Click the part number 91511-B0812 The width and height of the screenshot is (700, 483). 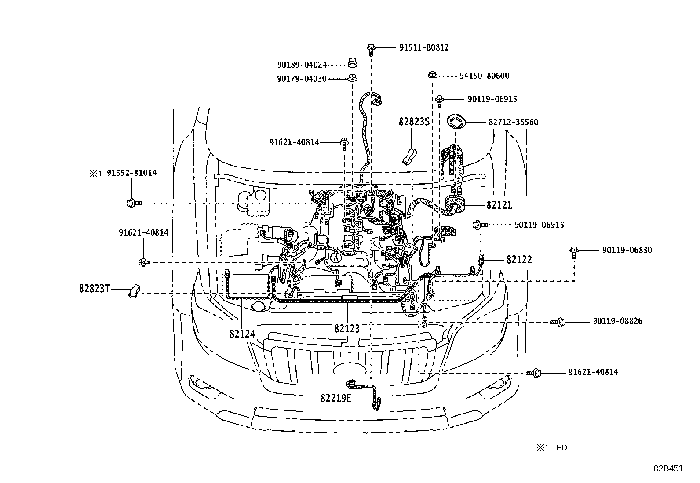click(424, 47)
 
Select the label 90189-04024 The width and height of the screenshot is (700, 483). click(302, 65)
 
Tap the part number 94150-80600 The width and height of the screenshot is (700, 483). click(484, 76)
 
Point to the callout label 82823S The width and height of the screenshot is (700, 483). click(414, 122)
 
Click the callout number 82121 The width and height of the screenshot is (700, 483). click(499, 205)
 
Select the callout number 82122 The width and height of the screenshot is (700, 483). click(519, 260)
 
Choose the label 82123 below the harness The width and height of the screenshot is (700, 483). click(346, 329)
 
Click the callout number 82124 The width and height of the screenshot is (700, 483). click(242, 334)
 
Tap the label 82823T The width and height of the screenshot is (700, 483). click(95, 289)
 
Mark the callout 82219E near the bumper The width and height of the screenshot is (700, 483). click(336, 398)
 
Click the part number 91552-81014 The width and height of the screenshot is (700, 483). click(131, 173)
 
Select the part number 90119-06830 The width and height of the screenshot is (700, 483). click(627, 250)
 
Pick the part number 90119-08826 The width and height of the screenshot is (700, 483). click(617, 321)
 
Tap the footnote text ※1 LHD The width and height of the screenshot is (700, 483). click(551, 448)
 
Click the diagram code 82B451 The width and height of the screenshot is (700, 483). click(667, 468)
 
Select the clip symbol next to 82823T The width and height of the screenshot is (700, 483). click(134, 291)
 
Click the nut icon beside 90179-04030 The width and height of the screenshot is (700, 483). click(352, 79)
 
